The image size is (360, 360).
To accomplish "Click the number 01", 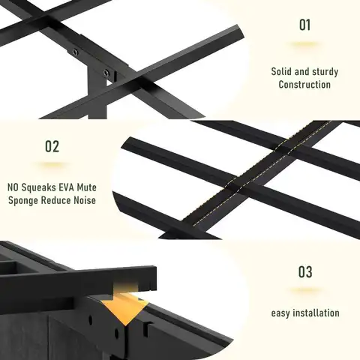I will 304,25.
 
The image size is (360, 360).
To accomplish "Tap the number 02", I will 52,146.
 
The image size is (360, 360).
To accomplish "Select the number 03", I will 305,271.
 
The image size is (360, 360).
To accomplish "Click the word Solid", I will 282,72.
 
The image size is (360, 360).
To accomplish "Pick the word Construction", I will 304,85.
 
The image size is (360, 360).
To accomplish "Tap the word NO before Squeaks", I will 15,187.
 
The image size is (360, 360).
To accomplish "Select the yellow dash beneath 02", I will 52,165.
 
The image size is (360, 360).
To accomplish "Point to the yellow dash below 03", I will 305,291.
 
